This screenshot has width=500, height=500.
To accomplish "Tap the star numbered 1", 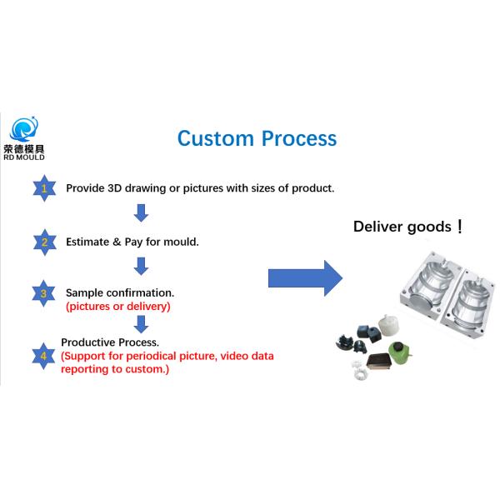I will [x=43, y=188].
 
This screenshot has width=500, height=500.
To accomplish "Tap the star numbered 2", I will [x=43, y=242].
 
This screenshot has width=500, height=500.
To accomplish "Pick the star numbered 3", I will [x=43, y=293].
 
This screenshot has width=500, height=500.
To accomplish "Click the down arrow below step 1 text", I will [x=142, y=213].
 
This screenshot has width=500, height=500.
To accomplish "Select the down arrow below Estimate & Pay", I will [x=142, y=267].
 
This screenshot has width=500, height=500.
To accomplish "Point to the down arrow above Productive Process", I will [x=142, y=323].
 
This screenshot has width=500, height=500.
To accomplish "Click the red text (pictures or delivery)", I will [x=117, y=307].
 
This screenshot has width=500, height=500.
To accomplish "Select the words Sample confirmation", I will [x=120, y=293].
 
